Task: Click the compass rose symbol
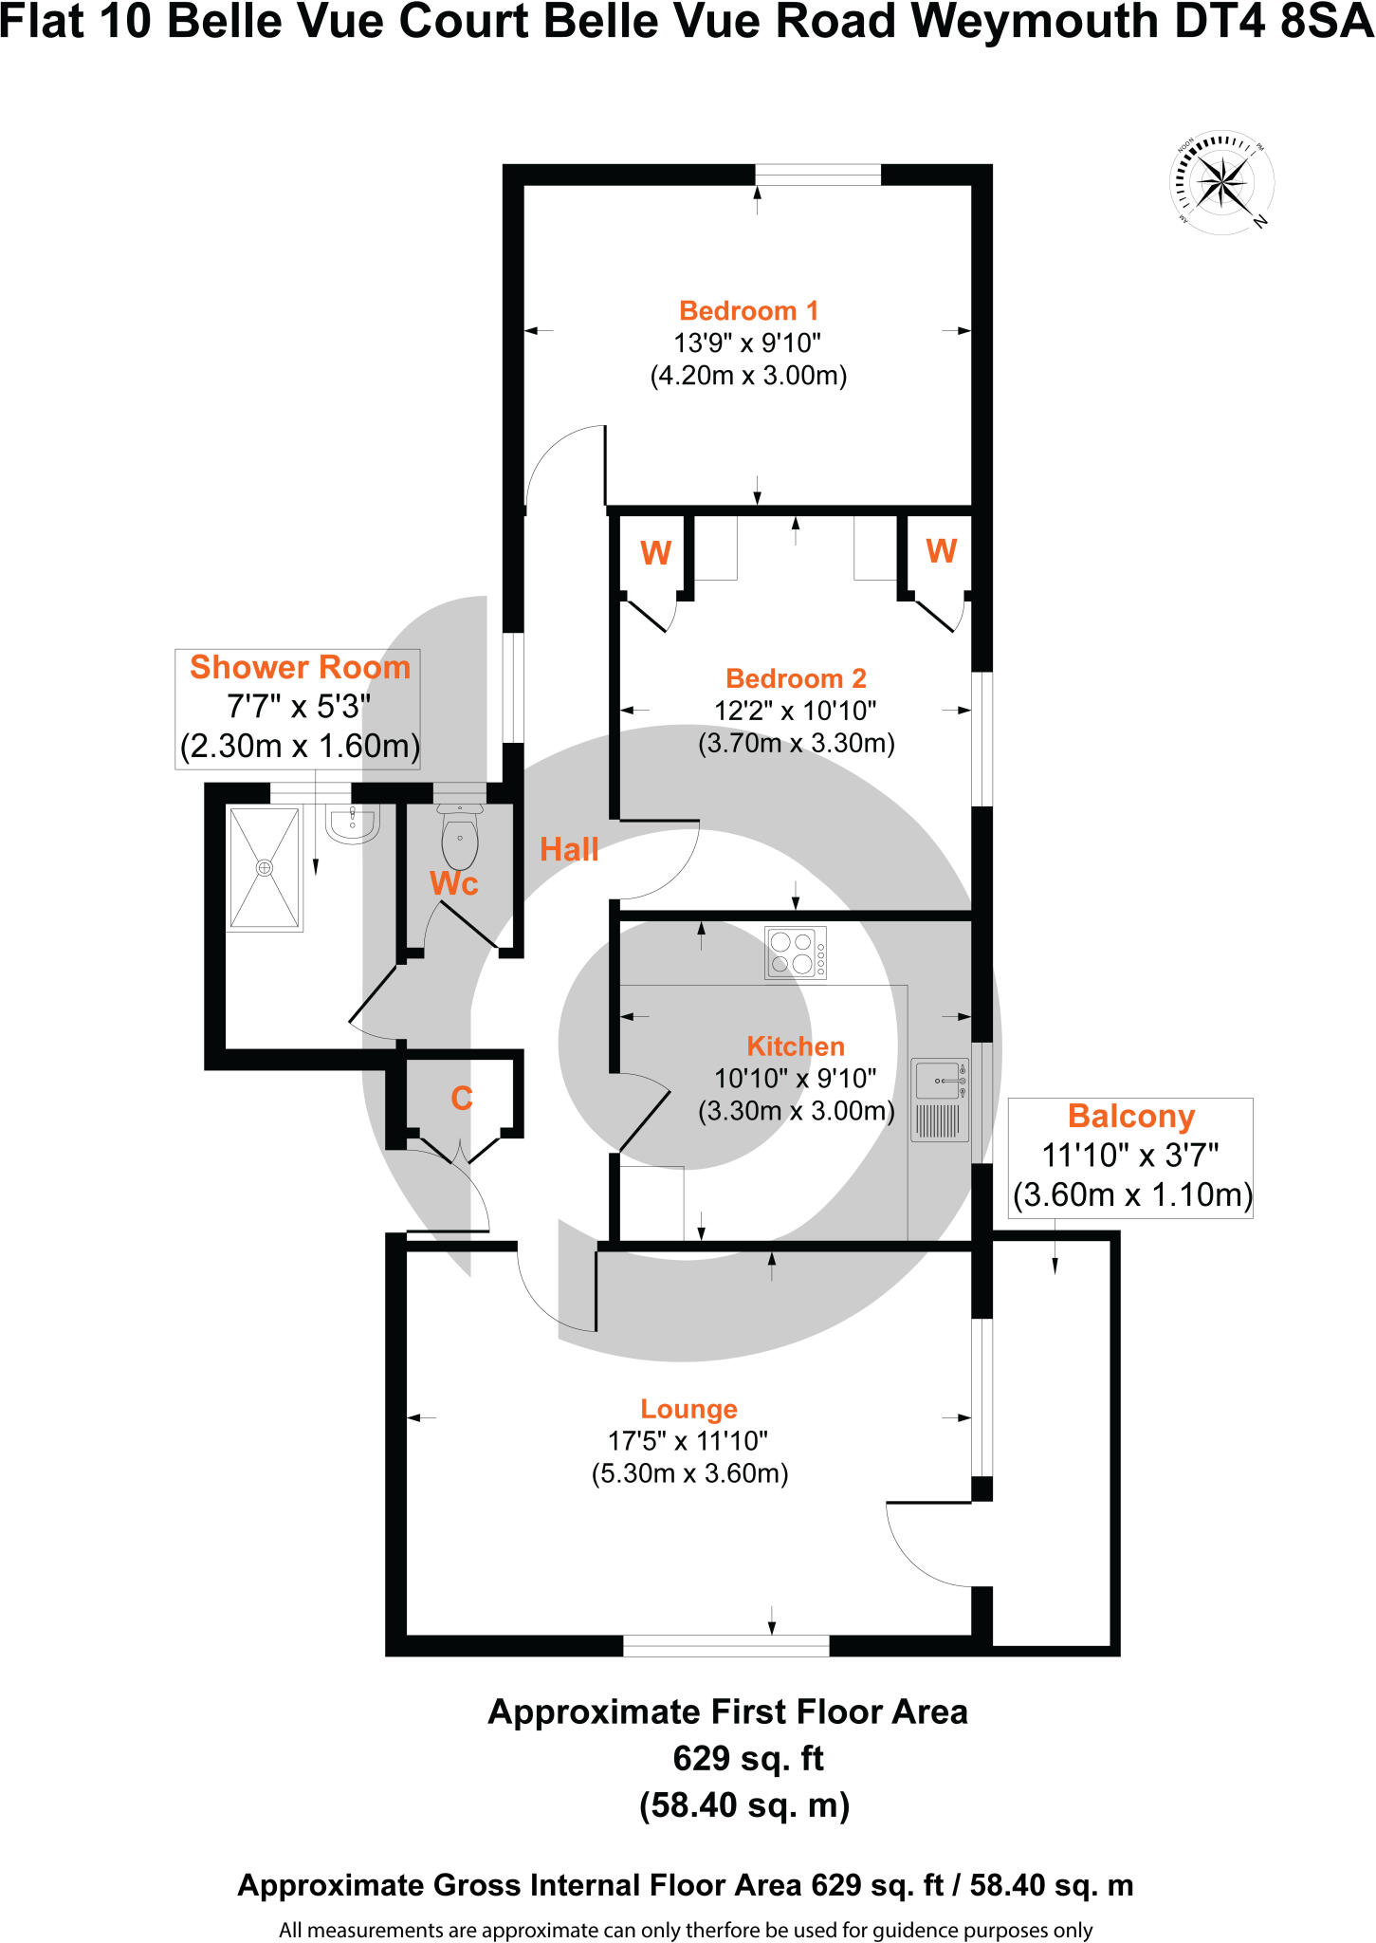point(1221,181)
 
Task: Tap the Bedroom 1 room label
point(748,311)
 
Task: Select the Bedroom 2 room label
point(796,678)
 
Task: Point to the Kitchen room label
point(796,1046)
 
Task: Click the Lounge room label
point(688,1409)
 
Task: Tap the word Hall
point(569,849)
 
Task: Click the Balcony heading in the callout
point(1130,1117)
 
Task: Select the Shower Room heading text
point(300,667)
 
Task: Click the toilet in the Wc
point(460,839)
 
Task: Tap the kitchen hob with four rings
point(795,953)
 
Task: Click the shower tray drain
point(265,867)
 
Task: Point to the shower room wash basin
point(352,823)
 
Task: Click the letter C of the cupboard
point(462,1099)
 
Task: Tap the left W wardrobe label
point(655,553)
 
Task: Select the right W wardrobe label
point(941,551)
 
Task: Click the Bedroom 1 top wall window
point(817,176)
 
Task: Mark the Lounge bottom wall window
point(725,1646)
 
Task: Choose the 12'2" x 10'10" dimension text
point(796,711)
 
